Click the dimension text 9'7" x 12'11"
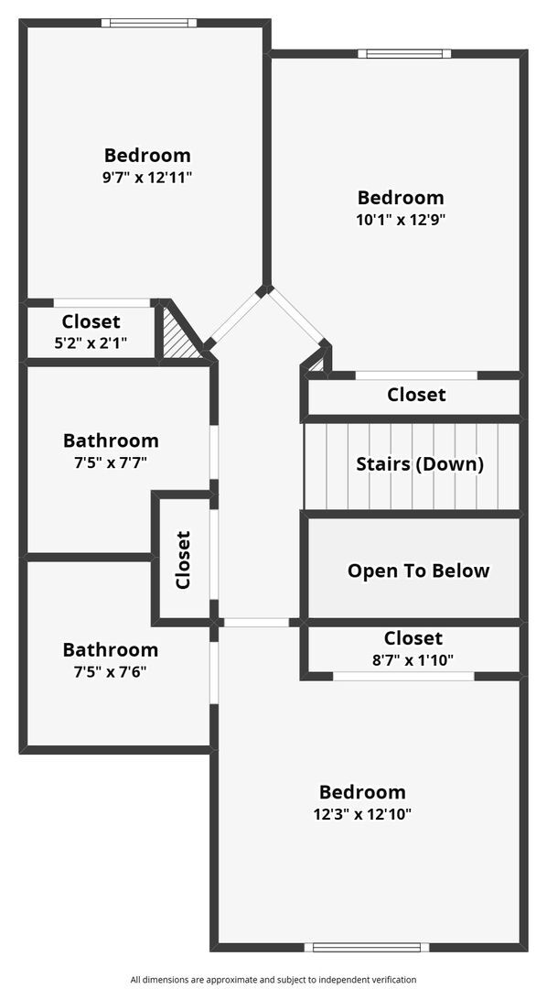point(147,178)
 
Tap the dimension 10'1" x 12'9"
point(401,220)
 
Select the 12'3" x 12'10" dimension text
point(362,814)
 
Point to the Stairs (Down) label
point(420,465)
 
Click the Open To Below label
point(418,571)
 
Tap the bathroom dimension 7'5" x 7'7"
point(111,462)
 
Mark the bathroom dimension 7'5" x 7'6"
point(111,672)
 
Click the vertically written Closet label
point(183,560)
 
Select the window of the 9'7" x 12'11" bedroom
point(149,23)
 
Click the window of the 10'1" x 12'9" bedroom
point(404,54)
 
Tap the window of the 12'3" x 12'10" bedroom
point(367,947)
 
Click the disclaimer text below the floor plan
point(273,979)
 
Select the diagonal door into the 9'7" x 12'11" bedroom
point(236,317)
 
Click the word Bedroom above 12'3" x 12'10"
point(362,792)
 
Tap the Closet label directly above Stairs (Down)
point(416,395)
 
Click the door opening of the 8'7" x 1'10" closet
point(403,676)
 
